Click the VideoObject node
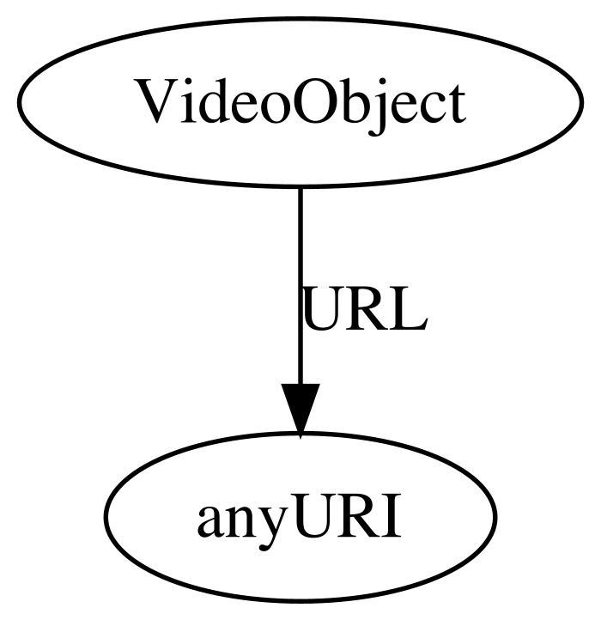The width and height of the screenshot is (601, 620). point(300,102)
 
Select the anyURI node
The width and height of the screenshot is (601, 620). point(300,517)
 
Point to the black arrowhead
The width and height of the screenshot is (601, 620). point(300,410)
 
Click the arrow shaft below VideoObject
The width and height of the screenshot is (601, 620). point(300,285)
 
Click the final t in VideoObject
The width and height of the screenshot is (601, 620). point(456,105)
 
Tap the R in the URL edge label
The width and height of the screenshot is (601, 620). point(370,308)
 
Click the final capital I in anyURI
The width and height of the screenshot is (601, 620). point(392,515)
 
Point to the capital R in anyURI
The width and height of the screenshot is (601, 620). point(360,515)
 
